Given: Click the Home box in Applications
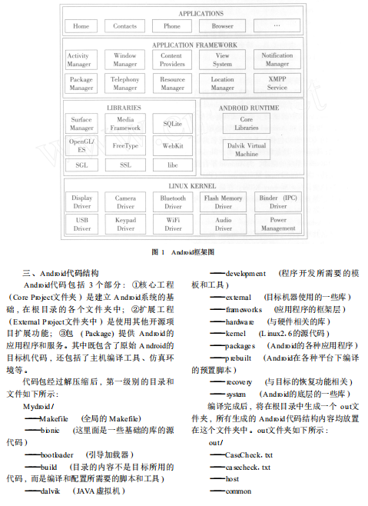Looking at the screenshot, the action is pos(81,26).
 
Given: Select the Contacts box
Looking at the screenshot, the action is pos(125,26).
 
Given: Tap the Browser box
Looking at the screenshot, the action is pos(222,26).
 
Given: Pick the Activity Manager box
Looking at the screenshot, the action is pos(78,60).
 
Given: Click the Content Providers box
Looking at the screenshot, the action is pos(172,60).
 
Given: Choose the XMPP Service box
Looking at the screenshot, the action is pos(277,83).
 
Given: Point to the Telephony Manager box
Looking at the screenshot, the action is pos(125,83).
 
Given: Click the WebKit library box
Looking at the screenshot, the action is pos(172,145).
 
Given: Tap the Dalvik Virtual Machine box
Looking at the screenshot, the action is pos(247,149).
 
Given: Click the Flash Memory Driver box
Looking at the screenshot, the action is pos(223,201).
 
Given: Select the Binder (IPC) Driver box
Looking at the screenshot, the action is pos(277,201).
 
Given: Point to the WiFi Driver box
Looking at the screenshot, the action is pos(173,224).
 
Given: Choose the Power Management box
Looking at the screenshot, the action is pos(277,224).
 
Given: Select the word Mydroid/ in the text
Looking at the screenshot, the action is pos(38,404).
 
